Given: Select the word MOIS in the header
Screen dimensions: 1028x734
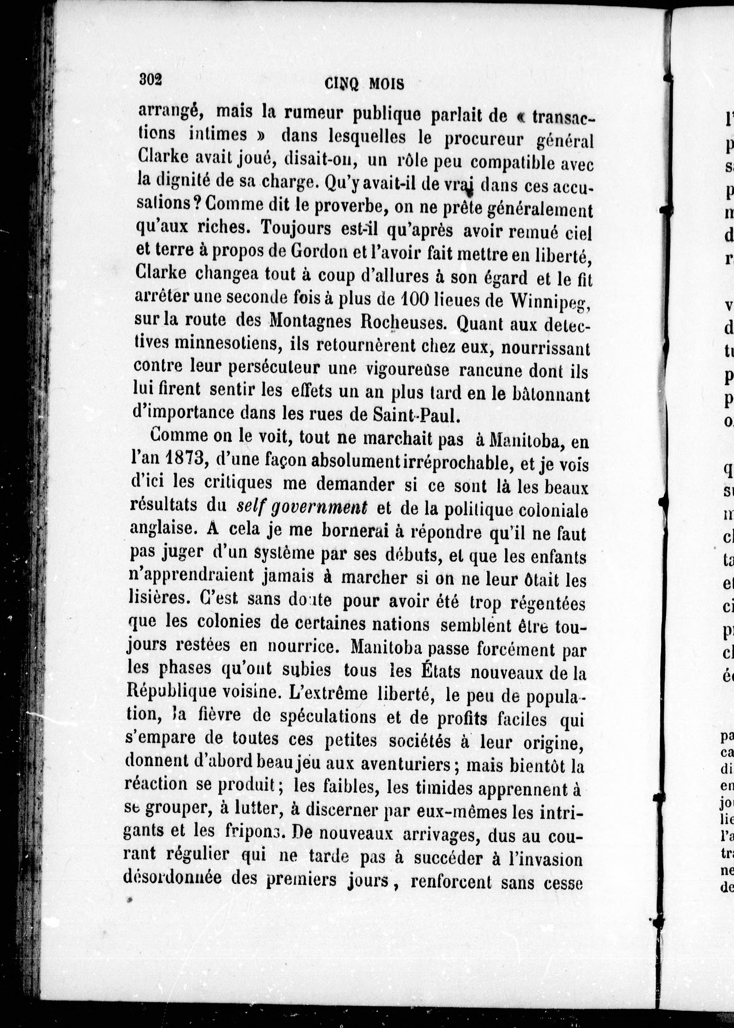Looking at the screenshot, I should point(387,84).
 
